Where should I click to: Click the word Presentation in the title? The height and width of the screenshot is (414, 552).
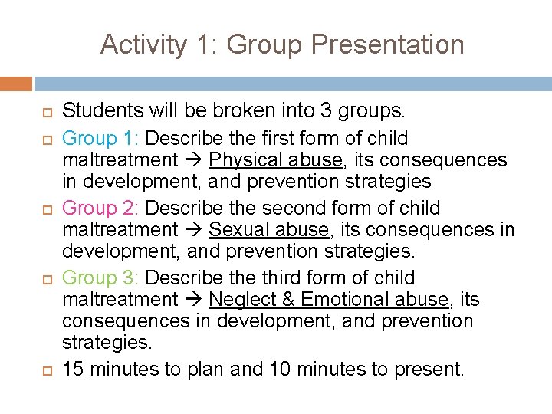[388, 44]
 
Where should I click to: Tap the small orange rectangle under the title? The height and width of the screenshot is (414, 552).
[16, 84]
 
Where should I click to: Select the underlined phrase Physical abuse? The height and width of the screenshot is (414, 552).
[275, 160]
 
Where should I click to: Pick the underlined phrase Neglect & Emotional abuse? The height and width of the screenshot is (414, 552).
[328, 300]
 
